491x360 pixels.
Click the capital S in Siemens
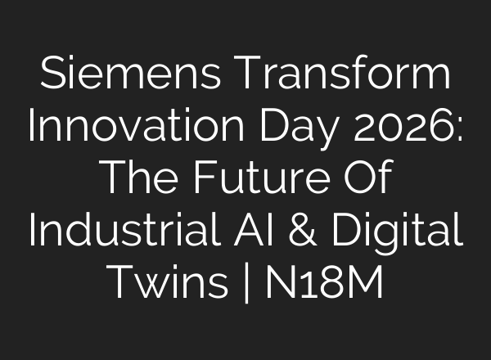(52, 77)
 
